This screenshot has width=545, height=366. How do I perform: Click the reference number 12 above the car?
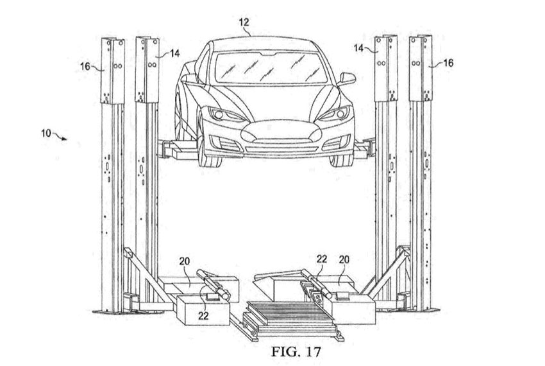click(244, 22)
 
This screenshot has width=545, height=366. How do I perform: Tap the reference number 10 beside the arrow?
click(46, 133)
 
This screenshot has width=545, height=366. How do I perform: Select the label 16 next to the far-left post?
click(85, 66)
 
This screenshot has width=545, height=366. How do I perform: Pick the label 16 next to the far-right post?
click(448, 63)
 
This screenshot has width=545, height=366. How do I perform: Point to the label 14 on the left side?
click(174, 53)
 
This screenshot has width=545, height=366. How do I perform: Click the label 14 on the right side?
click(359, 48)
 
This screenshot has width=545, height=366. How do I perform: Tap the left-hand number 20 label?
click(185, 261)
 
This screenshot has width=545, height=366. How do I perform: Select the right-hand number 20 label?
click(344, 259)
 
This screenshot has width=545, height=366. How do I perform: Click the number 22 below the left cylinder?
click(203, 315)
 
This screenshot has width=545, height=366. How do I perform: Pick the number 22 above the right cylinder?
click(321, 259)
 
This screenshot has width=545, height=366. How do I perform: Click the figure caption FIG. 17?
click(296, 351)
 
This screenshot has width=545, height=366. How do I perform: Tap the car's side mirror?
click(346, 79)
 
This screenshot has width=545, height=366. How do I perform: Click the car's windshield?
click(272, 67)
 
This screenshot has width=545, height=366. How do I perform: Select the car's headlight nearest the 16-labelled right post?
click(333, 114)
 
